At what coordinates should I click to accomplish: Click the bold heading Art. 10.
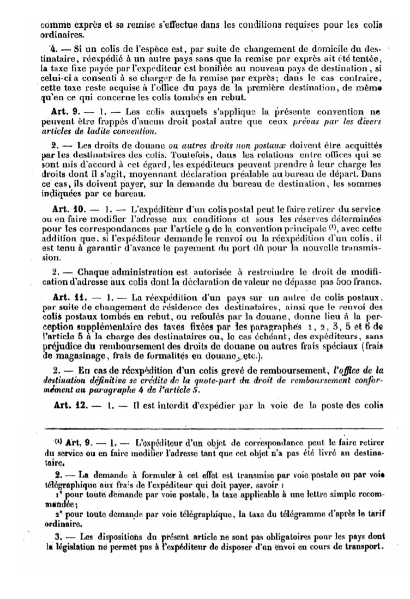(x=68, y=209)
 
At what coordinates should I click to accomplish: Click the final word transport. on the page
(x=363, y=547)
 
